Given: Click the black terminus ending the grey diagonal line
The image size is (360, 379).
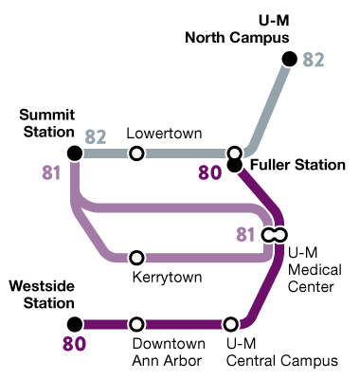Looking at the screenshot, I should pos(290,59).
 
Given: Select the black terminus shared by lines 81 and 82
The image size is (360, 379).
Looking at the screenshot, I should pos(75,153).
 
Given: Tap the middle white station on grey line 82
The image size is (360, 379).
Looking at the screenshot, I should pos(136,153).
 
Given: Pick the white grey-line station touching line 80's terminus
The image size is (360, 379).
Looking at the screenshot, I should pos(235,153).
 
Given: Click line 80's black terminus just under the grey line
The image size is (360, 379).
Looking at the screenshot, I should pos(235,166).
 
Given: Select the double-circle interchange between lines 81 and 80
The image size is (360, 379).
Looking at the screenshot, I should pos(275,234).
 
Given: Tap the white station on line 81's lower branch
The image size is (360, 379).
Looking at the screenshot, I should pos(136,258).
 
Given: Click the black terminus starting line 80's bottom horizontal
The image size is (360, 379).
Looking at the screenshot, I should pos(75,324).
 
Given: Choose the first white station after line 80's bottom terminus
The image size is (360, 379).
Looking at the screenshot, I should pos(136,324).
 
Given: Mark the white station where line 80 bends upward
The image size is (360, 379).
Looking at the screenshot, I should pos(230,324).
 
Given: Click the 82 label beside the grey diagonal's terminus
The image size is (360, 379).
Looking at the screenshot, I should pos(314,61).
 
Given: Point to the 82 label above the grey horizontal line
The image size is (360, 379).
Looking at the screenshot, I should pos(96,136).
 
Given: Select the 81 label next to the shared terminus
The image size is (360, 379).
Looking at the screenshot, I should pos(51,173).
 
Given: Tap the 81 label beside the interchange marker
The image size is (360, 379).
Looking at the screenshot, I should pos(245,235).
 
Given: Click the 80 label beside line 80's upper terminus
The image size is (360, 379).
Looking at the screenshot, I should pos(209,172).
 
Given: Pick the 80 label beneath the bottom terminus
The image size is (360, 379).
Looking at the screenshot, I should pos(75,344).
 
